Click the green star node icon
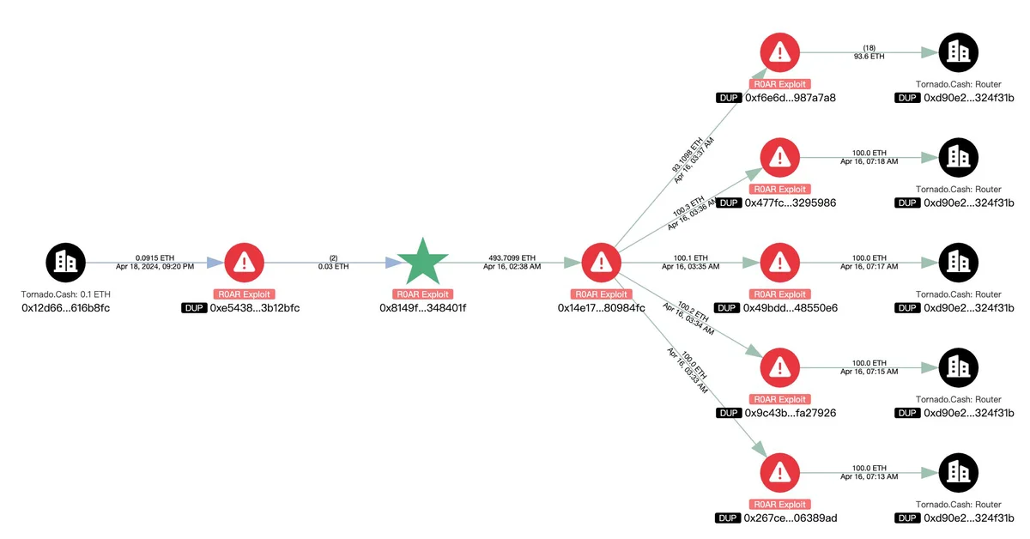[x=422, y=262]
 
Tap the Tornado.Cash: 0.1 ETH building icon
[x=65, y=262]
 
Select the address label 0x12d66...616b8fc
[x=65, y=307]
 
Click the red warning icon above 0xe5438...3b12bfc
[x=244, y=262]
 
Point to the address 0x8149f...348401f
[x=422, y=307]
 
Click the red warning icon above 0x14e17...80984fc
[x=601, y=262]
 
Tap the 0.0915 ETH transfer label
[x=154, y=257]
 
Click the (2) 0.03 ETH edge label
[x=333, y=262]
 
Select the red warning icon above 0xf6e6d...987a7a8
[x=779, y=51]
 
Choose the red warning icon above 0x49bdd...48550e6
[x=779, y=262]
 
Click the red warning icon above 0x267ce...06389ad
[x=779, y=472]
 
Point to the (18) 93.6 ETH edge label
[x=869, y=51]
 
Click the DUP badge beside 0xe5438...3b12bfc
[x=194, y=307]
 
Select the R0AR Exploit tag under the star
[x=422, y=294]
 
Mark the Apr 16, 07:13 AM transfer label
[x=869, y=476]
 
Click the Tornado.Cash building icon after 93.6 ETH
[x=958, y=51]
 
